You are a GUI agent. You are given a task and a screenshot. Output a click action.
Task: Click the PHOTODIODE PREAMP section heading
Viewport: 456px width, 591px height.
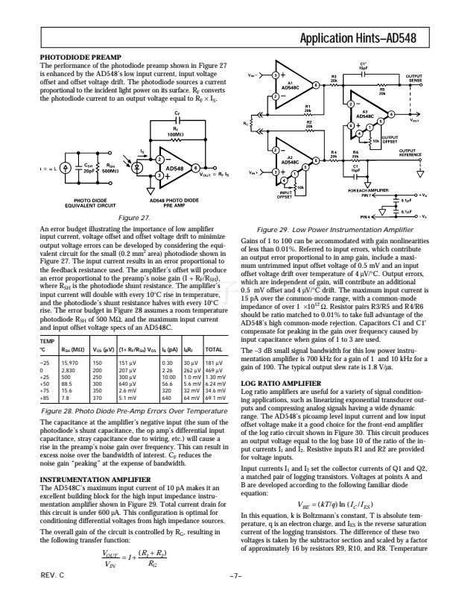click(x=80, y=57)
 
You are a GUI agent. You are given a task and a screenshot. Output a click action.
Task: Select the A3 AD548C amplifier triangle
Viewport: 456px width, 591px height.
click(x=364, y=116)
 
